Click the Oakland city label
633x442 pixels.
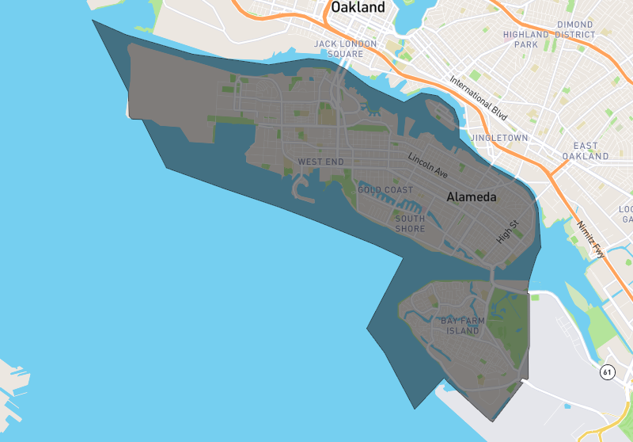pos(358,8)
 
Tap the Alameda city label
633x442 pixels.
pos(471,197)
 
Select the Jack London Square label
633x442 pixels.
pos(345,48)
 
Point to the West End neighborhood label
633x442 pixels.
pos(321,162)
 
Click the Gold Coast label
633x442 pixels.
pos(385,190)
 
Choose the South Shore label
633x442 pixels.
pos(410,223)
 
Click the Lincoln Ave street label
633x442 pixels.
pos(428,165)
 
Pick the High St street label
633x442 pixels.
pos(506,231)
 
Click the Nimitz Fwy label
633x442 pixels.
pos(592,239)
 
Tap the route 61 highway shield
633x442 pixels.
pos(608,372)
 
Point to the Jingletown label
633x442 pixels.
pos(498,138)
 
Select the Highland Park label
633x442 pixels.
pos(525,40)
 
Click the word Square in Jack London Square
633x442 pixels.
pos(345,54)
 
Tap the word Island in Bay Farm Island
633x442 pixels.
pos(463,331)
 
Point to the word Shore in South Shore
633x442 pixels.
pos(410,229)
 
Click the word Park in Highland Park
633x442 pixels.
pos(525,44)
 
